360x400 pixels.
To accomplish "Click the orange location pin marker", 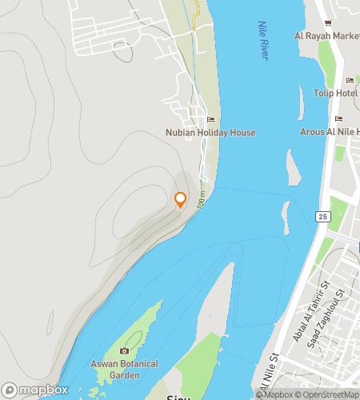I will point(180,200).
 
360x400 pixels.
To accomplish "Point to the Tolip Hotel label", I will point(336,93).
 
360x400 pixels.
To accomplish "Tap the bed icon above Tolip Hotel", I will point(349,81).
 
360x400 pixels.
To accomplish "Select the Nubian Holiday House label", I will point(210,132).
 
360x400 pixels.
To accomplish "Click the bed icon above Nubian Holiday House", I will point(210,120).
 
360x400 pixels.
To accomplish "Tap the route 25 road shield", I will point(322,217).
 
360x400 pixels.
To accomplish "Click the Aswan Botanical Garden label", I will point(124,369).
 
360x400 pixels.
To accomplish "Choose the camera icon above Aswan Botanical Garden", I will point(124,351).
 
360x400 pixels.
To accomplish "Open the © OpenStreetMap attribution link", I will point(328,394).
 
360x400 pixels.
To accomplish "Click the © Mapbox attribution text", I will point(275,394).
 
